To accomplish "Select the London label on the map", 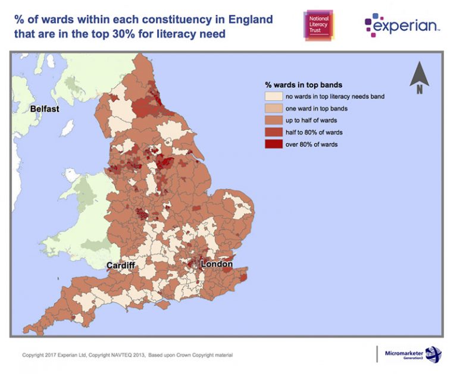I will tap(217, 264).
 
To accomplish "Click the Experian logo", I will tap(403, 24).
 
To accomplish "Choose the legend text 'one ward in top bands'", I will tap(318, 108).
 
